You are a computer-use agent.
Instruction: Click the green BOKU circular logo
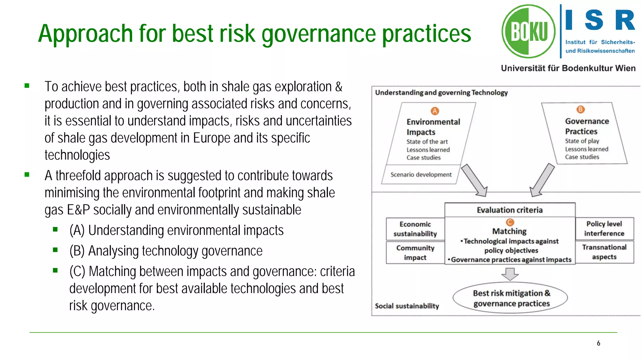tap(529, 31)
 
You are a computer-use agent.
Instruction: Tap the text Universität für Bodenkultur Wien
tap(568, 68)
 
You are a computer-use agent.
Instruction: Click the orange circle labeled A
tap(434, 111)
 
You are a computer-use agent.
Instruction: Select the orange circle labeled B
tap(580, 109)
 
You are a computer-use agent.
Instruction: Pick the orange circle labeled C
tap(510, 222)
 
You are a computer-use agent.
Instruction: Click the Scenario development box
tap(421, 175)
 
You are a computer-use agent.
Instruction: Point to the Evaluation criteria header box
tap(510, 210)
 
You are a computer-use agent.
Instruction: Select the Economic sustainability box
tap(415, 229)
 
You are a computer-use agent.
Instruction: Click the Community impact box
tap(415, 253)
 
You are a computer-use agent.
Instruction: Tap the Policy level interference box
tap(604, 228)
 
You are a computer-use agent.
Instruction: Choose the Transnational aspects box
tap(604, 252)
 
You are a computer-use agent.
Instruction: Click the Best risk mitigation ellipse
tap(510, 298)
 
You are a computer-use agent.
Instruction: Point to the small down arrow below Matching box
tap(510, 274)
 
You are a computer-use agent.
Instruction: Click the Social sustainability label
tap(407, 306)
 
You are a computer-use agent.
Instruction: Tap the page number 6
tap(598, 343)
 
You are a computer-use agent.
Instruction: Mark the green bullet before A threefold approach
tap(27, 175)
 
